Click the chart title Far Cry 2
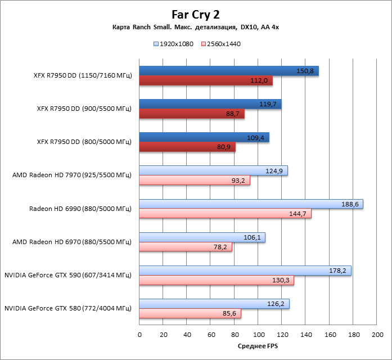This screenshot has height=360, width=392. pyautogui.click(x=196, y=15)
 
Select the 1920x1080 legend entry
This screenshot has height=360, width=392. pyautogui.click(x=173, y=44)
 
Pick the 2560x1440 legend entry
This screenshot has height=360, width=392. pyautogui.click(x=220, y=44)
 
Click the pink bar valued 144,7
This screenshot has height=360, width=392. pyautogui.click(x=225, y=214)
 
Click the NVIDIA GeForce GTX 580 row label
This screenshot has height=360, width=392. pyautogui.click(x=67, y=308)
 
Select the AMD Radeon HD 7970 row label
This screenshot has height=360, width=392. pyautogui.click(x=71, y=175)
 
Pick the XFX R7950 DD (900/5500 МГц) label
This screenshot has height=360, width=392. pyautogui.click(x=82, y=109)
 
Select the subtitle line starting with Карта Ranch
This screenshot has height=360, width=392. pyautogui.click(x=196, y=28)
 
